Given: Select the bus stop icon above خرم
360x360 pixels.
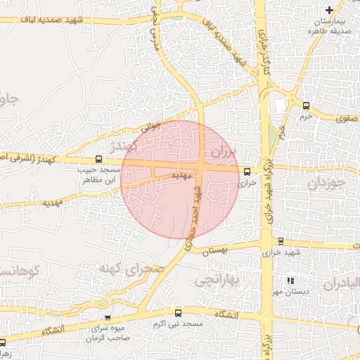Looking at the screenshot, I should click(305, 105).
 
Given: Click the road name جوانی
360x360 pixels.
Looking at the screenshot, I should click(151, 128).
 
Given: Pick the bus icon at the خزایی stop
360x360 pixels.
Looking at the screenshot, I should click(246, 172).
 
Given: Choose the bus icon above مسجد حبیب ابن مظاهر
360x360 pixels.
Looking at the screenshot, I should click(98, 159).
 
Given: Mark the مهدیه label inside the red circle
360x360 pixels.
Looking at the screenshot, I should click(182, 176).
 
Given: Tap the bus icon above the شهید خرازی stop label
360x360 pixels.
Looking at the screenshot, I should click(281, 241).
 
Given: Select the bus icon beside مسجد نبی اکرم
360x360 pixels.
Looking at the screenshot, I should click(177, 313).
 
